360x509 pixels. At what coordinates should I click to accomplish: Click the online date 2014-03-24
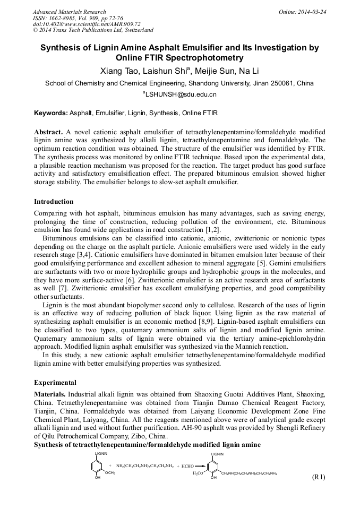tap(312, 12)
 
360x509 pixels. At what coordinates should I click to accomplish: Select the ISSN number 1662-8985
tap(63, 18)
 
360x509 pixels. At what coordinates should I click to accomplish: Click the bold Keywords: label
tap(51, 113)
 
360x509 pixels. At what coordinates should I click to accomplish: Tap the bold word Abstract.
tap(48, 132)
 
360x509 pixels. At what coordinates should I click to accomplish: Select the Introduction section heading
tap(54, 202)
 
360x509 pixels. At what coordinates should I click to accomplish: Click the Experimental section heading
tap(55, 382)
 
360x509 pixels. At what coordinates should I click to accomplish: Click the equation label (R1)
tap(318, 477)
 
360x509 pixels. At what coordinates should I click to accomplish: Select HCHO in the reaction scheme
tap(188, 466)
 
